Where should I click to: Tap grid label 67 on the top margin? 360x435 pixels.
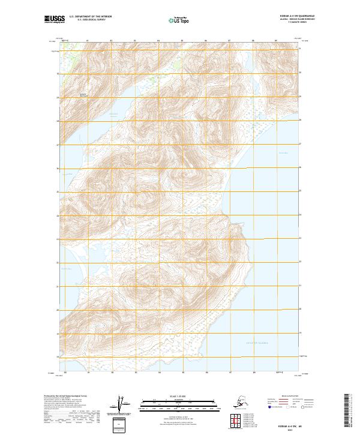coord(229,41)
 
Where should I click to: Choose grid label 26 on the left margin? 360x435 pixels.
coord(58,169)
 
